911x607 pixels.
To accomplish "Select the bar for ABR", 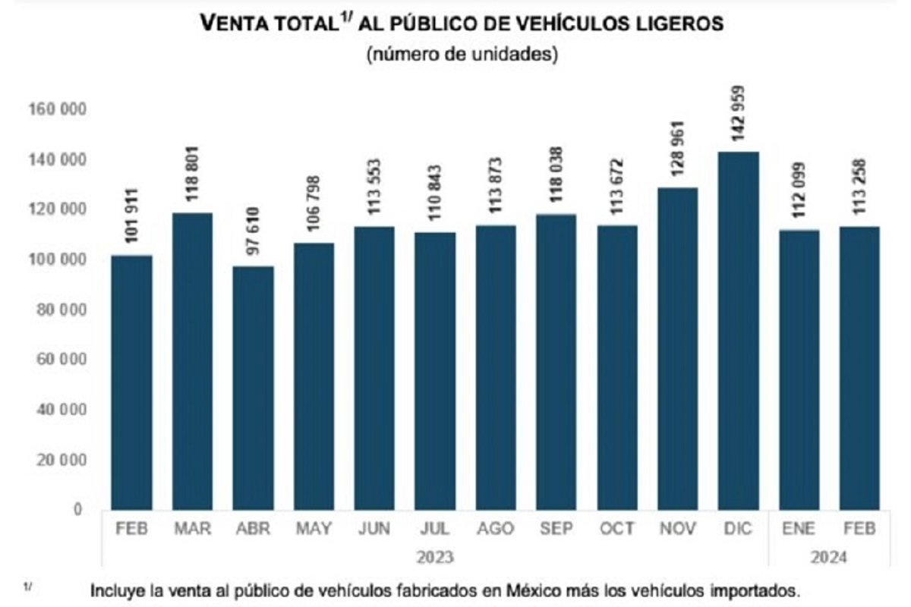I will coord(253,388).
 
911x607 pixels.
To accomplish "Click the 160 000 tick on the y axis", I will coord(58,110).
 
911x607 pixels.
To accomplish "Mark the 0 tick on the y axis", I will coord(77,510).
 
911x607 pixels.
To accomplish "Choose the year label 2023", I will coord(435,558).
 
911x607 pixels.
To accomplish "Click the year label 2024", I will coord(829,558).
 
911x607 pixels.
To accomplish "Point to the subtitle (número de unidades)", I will coord(462,55).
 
